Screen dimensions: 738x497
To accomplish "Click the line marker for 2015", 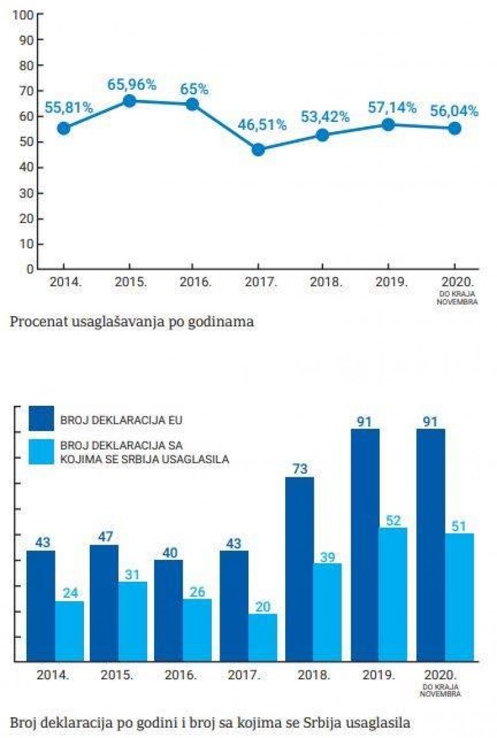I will (129, 101).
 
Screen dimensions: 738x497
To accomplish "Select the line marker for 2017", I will (258, 150).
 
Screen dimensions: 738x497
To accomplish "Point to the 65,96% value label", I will (132, 84).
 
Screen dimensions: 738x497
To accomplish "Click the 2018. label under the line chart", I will (324, 282).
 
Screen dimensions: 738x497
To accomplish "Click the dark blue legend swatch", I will (41, 419).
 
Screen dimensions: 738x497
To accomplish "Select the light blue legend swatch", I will (41, 452).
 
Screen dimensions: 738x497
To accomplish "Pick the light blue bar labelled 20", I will (262, 637).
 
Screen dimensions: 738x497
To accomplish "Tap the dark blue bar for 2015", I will (104, 603).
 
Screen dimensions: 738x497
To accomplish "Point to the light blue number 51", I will (458, 525).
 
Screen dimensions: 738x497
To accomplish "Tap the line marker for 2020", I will (454, 128).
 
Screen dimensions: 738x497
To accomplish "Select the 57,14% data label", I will (392, 108).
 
